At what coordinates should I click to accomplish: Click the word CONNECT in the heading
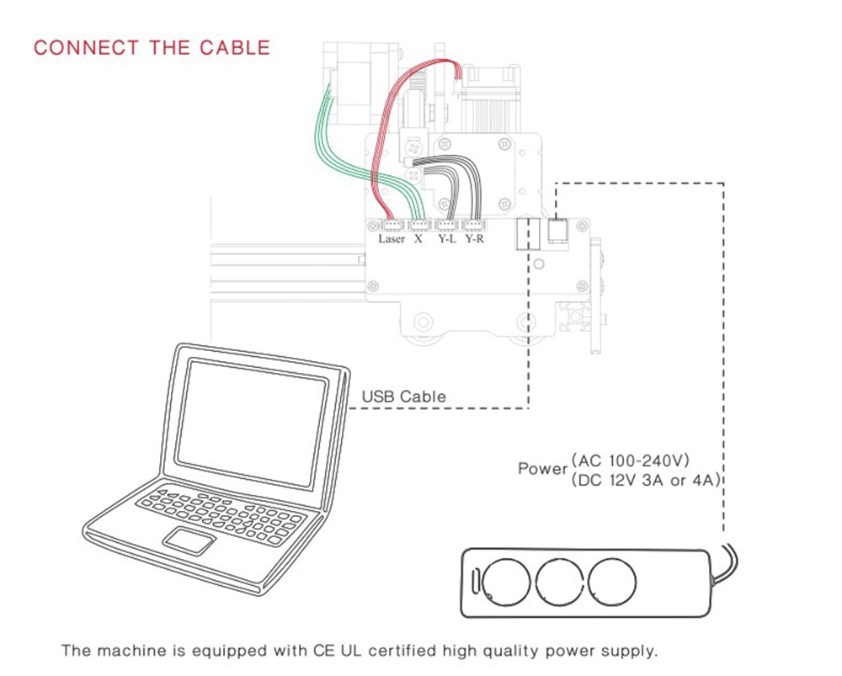pyautogui.click(x=87, y=48)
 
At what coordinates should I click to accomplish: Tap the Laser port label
pyautogui.click(x=392, y=239)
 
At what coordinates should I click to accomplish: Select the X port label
pyautogui.click(x=418, y=239)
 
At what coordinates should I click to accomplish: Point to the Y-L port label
pyautogui.click(x=447, y=239)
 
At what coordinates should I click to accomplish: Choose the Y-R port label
pyautogui.click(x=475, y=239)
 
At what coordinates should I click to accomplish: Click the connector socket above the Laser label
pyautogui.click(x=392, y=225)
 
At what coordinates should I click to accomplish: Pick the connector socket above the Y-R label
pyautogui.click(x=473, y=225)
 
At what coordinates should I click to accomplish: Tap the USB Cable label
pyautogui.click(x=404, y=397)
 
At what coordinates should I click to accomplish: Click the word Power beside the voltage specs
pyautogui.click(x=542, y=469)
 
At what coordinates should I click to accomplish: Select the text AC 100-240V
pyautogui.click(x=631, y=460)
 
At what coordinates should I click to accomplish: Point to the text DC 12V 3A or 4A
pyautogui.click(x=646, y=480)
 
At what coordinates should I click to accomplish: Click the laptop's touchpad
pyautogui.click(x=189, y=540)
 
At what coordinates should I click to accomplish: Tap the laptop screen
pyautogui.click(x=251, y=423)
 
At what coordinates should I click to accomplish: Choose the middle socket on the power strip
pyautogui.click(x=560, y=583)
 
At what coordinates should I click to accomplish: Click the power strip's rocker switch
pyautogui.click(x=475, y=582)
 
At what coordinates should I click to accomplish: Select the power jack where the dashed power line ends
pyautogui.click(x=558, y=232)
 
